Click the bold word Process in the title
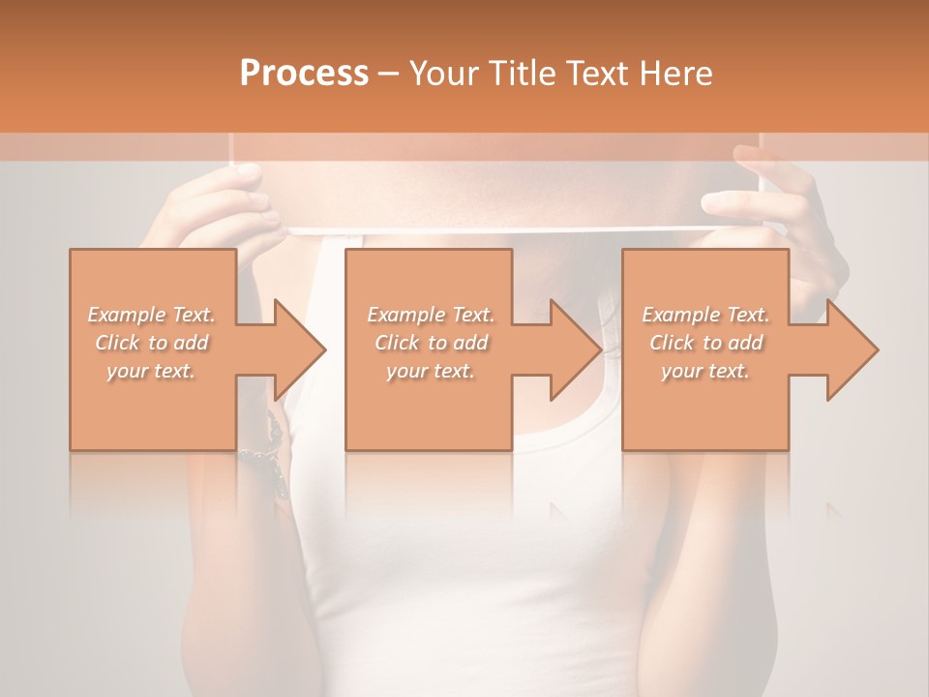point(305,74)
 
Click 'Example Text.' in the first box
point(152,315)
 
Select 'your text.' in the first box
point(152,371)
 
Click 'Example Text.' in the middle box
point(431,315)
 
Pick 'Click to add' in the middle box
point(431,343)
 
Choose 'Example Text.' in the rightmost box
point(705,315)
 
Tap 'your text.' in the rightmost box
point(705,371)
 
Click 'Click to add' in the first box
point(152,343)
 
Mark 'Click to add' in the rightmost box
point(705,343)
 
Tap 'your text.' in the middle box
point(431,371)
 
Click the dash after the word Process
point(389,74)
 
